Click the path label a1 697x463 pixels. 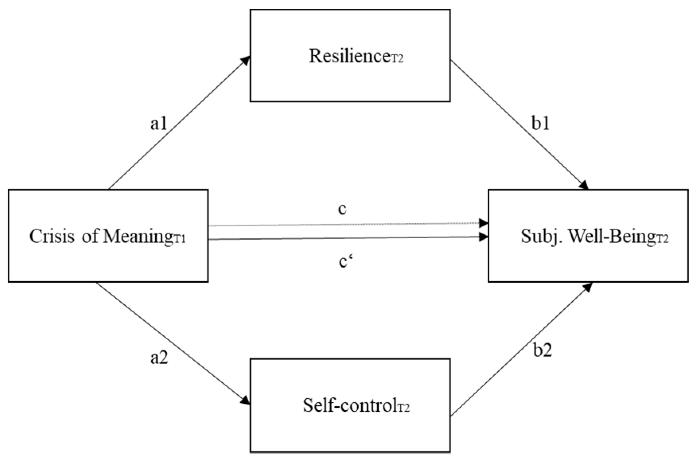[158, 124]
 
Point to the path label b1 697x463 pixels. [541, 124]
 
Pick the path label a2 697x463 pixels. [159, 358]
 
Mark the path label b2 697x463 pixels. [542, 350]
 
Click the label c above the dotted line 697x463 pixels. [343, 209]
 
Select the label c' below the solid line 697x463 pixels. [344, 262]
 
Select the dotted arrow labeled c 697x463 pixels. [346, 224]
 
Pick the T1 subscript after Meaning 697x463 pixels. [179, 239]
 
